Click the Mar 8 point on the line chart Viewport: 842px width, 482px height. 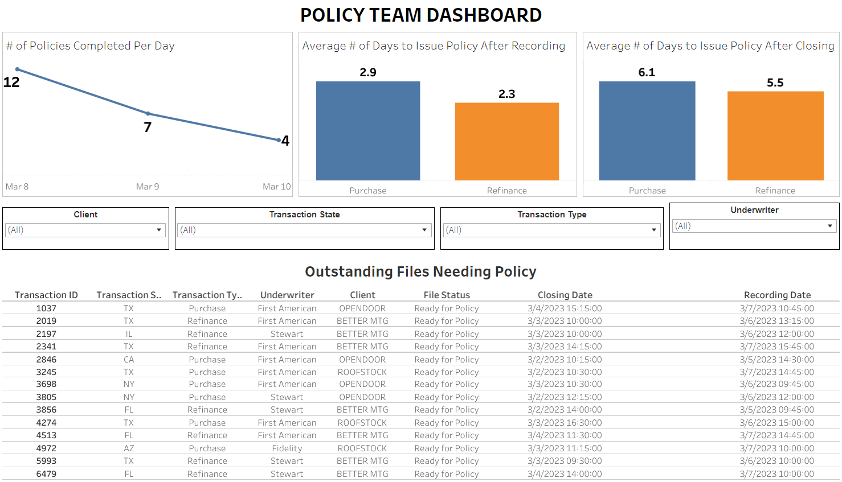(18, 69)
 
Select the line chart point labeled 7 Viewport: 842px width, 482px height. (148, 114)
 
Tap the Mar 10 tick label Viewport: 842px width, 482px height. (276, 187)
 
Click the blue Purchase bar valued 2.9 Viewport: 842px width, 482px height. (368, 131)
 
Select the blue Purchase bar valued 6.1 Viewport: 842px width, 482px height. (647, 131)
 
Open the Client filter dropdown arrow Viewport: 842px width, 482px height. (159, 230)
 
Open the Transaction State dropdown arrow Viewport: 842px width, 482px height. (424, 230)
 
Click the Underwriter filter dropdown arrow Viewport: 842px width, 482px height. (830, 226)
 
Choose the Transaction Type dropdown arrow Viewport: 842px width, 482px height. (654, 230)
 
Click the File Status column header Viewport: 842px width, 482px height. (447, 295)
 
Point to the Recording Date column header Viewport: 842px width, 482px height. (777, 295)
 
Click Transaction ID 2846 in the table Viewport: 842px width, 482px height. (46, 360)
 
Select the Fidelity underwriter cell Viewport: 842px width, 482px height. (287, 448)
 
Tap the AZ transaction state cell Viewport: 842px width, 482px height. (129, 448)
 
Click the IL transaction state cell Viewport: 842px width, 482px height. (129, 334)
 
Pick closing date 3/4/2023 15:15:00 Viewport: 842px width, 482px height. (565, 308)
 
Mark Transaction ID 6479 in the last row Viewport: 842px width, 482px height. (46, 474)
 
